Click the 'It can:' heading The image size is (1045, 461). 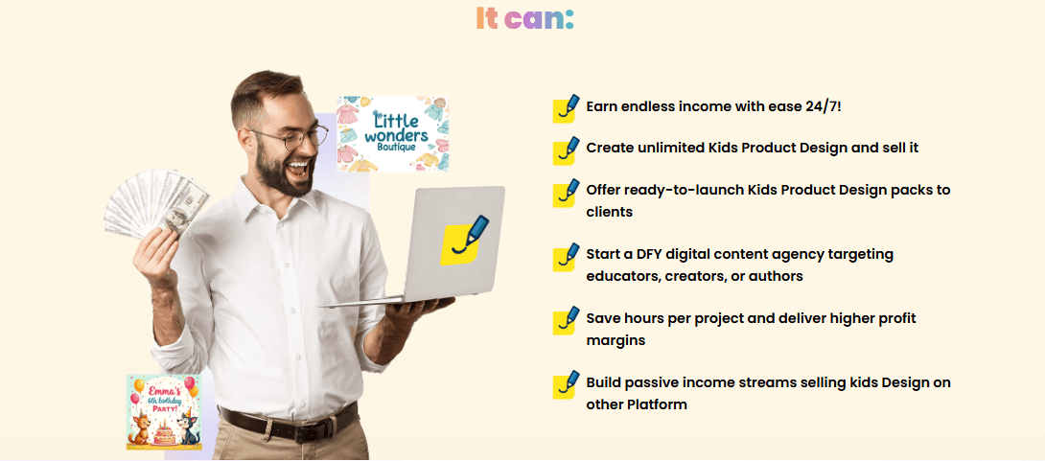click(523, 18)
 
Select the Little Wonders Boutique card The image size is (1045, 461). click(393, 134)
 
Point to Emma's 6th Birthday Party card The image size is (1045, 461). click(164, 411)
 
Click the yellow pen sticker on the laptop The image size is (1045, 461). click(464, 241)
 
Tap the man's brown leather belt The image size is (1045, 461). click(287, 423)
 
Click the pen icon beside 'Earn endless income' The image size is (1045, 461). click(567, 107)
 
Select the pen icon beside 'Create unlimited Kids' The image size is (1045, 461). click(567, 150)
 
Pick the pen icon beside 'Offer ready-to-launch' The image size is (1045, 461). click(567, 192)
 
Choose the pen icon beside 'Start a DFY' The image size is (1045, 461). click(567, 256)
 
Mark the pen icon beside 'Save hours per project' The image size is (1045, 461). click(567, 320)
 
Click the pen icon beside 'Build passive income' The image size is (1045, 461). click(567, 384)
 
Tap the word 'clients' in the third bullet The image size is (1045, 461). click(610, 212)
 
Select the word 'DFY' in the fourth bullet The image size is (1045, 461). click(658, 254)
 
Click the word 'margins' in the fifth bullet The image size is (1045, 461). click(615, 340)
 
